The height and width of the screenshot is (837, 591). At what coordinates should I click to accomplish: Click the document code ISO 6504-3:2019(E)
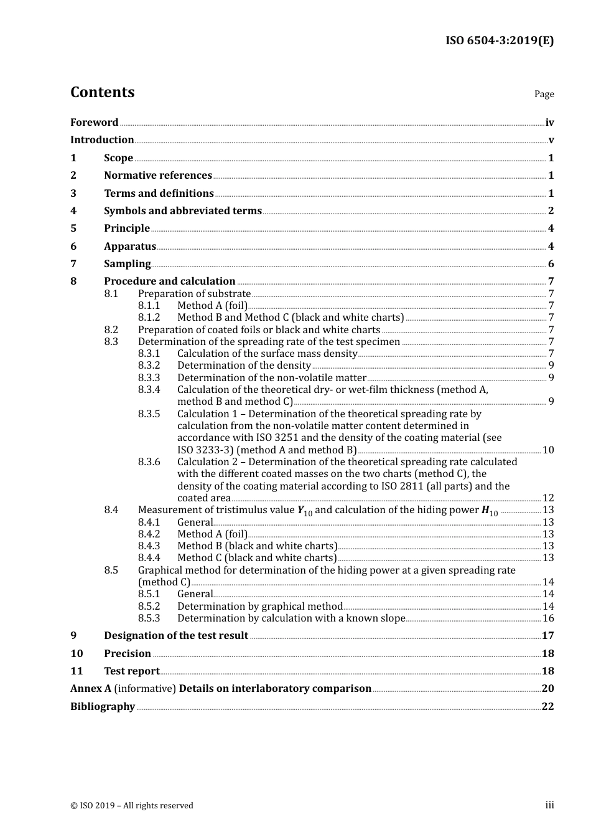coord(499,40)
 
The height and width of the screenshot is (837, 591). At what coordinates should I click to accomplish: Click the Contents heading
coord(102,92)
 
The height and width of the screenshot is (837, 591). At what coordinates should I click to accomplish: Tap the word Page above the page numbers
coord(544,94)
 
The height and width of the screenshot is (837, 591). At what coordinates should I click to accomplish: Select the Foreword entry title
coord(94,123)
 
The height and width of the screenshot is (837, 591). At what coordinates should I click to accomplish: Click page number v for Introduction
coord(551,140)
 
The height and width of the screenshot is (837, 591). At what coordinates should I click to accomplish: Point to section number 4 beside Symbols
coord(73,211)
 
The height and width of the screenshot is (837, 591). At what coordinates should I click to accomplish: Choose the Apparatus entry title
coord(129,247)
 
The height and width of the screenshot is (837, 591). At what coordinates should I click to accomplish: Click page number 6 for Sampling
coord(551,264)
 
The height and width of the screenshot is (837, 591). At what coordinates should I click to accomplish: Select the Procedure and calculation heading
coord(169,281)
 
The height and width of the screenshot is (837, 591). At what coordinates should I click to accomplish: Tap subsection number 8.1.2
coord(149,318)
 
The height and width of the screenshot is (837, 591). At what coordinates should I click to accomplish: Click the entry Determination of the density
coord(244,366)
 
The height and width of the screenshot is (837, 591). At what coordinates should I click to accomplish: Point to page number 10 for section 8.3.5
coord(547,450)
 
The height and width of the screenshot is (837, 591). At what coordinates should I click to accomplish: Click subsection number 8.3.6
coord(149,462)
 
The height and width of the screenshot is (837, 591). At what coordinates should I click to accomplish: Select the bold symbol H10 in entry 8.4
coord(490,511)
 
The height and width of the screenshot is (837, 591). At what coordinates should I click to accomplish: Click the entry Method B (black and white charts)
coord(257,546)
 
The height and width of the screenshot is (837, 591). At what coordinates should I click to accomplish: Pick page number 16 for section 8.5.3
coord(547,618)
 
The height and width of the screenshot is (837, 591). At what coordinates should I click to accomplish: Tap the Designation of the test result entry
coord(176,636)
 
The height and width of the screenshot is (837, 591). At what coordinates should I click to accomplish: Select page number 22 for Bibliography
coord(547,707)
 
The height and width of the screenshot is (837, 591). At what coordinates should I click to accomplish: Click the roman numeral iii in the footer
coord(549,805)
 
